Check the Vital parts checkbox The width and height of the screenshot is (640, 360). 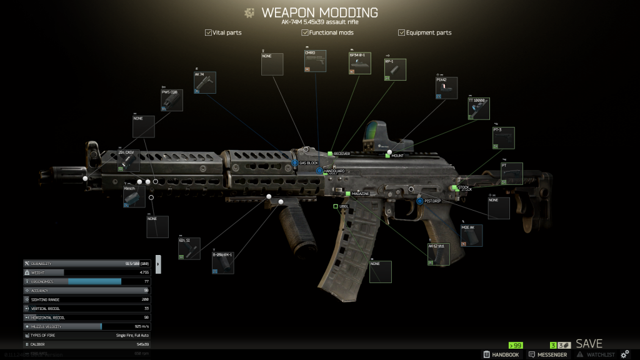pyautogui.click(x=208, y=32)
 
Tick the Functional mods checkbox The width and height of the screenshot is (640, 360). pyautogui.click(x=305, y=32)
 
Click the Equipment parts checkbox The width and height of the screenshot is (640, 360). pyautogui.click(x=401, y=32)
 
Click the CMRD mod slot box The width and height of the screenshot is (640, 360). pyautogui.click(x=315, y=61)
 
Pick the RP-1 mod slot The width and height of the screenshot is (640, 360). pyautogui.click(x=395, y=70)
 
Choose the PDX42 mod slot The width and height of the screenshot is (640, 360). pyautogui.click(x=446, y=87)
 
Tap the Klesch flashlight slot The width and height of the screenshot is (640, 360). pyautogui.click(x=134, y=196)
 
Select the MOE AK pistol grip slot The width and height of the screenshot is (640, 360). pyautogui.click(x=472, y=236)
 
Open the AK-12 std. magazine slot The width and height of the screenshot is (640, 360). pyautogui.click(x=438, y=254)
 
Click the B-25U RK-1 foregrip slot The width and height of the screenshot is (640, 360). pyautogui.click(x=223, y=262)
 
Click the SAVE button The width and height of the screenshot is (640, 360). pyautogui.click(x=589, y=344)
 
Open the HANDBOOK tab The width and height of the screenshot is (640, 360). pyautogui.click(x=501, y=354)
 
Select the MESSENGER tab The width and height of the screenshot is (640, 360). pyautogui.click(x=548, y=354)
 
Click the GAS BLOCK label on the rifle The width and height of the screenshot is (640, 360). pyautogui.click(x=308, y=163)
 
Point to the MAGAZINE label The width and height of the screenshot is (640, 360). pyautogui.click(x=360, y=194)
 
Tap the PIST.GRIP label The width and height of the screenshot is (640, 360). pyautogui.click(x=432, y=201)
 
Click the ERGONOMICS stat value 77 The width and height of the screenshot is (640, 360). pyautogui.click(x=146, y=281)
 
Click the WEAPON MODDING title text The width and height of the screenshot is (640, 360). pyautogui.click(x=319, y=12)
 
